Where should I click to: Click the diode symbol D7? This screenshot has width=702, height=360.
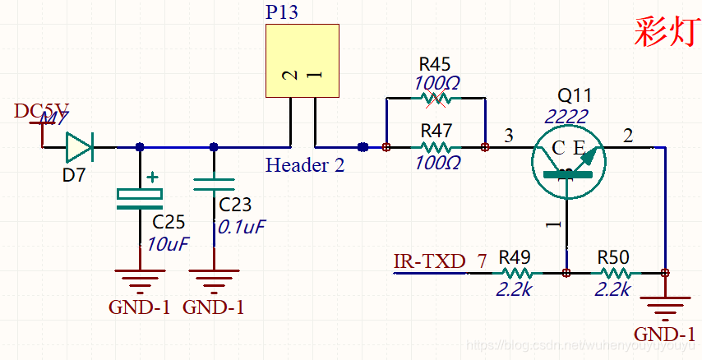click(x=79, y=147)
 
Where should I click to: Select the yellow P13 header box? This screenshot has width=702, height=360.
click(x=302, y=61)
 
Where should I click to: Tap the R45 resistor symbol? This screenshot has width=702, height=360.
click(x=436, y=99)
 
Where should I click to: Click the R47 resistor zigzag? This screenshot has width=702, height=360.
click(x=436, y=147)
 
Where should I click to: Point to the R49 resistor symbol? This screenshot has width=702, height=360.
click(x=517, y=273)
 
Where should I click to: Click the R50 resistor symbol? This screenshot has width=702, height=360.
click(x=615, y=273)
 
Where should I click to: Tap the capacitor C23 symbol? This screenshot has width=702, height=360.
click(x=214, y=186)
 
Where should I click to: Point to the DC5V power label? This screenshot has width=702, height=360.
click(x=41, y=112)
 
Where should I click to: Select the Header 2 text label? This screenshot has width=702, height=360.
click(x=305, y=165)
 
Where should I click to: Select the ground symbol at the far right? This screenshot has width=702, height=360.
click(x=664, y=308)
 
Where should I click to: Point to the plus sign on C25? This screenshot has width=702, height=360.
click(x=152, y=177)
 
